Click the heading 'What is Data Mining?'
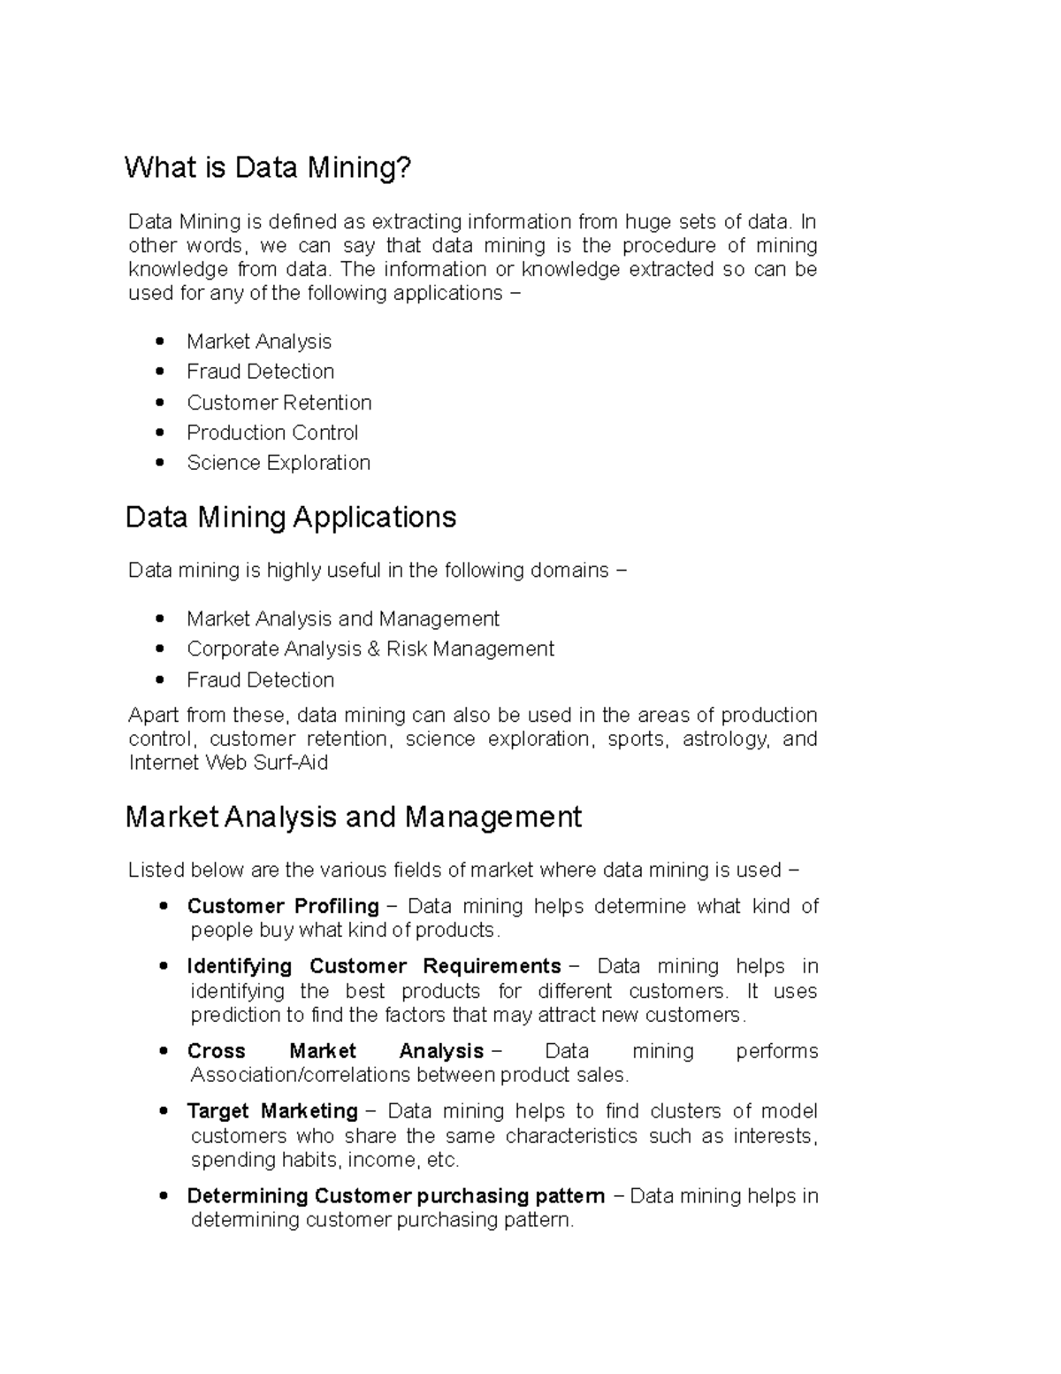pos(268,167)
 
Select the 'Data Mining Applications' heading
pos(291,517)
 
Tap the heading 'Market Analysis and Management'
pos(354,816)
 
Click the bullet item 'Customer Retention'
pos(279,403)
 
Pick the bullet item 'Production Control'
pos(272,433)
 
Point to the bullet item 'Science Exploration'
pos(279,463)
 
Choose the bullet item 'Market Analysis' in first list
pos(259,342)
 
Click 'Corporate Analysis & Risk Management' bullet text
pos(370,649)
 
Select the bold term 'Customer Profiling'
pos(283,906)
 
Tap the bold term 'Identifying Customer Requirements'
pos(374,966)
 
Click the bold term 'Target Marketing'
pos(272,1111)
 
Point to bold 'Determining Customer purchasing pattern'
pos(396,1196)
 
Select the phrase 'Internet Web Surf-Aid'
pos(228,763)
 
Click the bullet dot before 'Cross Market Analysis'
pos(163,1052)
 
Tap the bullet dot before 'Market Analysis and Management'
pos(160,619)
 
